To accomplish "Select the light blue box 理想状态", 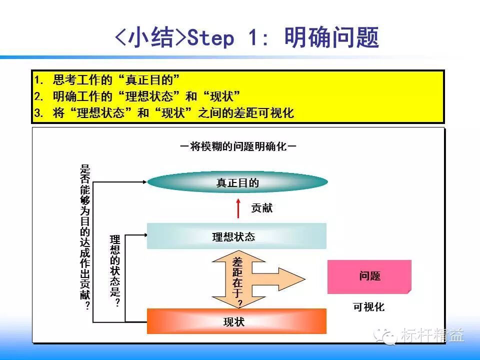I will click(236, 236).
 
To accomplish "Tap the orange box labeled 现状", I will click(236, 321).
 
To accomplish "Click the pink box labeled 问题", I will click(369, 276).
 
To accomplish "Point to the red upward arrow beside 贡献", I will click(239, 207).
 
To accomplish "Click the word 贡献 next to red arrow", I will click(262, 208).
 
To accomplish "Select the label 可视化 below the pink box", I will click(369, 307).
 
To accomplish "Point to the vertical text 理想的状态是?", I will click(116, 270).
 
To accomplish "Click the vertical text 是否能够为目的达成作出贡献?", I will click(85, 237).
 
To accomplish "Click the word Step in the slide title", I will click(210, 38).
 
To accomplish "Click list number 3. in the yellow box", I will click(39, 113).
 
